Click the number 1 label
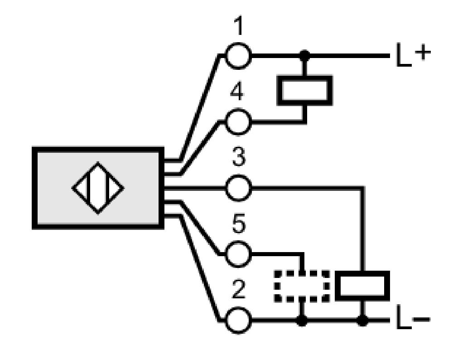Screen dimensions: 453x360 238,25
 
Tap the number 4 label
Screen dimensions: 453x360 237,92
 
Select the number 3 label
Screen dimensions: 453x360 239,157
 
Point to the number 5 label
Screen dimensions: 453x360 239,223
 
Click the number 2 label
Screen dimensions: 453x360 239,289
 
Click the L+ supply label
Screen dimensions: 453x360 414,55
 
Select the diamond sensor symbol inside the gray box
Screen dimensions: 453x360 98,188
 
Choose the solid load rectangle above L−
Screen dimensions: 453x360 362,286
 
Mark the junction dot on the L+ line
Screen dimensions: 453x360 304,55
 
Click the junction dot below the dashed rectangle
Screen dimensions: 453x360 302,321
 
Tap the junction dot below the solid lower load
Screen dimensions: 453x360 362,321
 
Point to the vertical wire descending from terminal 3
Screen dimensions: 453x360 362,229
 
